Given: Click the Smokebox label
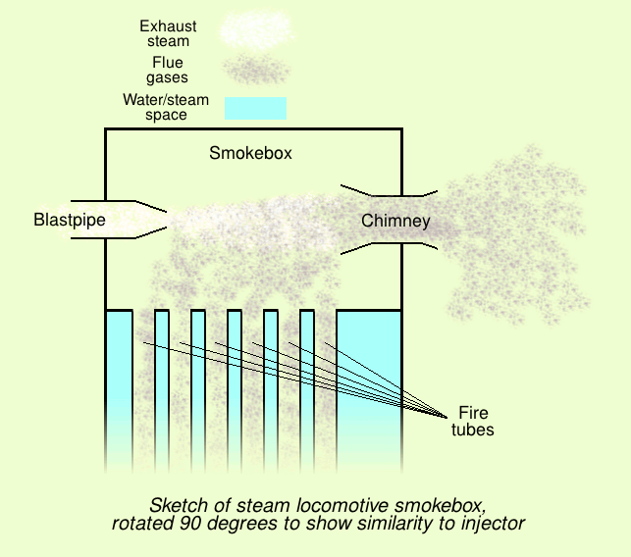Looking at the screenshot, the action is pyautogui.click(x=250, y=153).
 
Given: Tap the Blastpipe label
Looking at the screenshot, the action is pyautogui.click(x=70, y=220).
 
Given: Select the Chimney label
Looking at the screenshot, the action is pyautogui.click(x=395, y=221).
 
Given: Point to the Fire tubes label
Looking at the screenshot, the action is pyautogui.click(x=473, y=421).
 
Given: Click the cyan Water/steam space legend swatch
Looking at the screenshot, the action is pyautogui.click(x=255, y=108).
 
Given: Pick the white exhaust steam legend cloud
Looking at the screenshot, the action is pyautogui.click(x=257, y=29).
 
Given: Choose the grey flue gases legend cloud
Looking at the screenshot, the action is pyautogui.click(x=257, y=70).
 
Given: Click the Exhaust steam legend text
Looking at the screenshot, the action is pyautogui.click(x=168, y=33).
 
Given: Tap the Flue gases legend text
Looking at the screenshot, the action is pyautogui.click(x=167, y=70).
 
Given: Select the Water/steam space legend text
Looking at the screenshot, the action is pyautogui.click(x=166, y=107).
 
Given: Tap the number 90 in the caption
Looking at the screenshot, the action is pyautogui.click(x=188, y=524).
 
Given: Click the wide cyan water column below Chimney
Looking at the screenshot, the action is pyautogui.click(x=369, y=390).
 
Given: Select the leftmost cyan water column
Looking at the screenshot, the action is pyautogui.click(x=119, y=390).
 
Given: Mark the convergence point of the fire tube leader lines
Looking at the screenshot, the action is pyautogui.click(x=447, y=417).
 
